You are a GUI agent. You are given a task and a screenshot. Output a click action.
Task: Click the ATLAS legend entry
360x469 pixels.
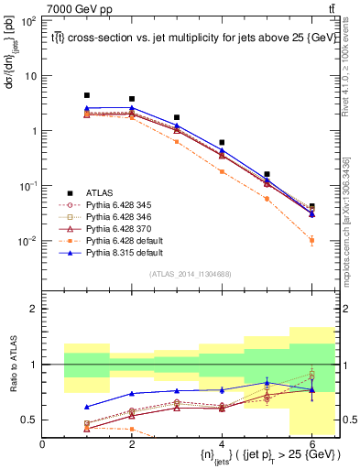98,191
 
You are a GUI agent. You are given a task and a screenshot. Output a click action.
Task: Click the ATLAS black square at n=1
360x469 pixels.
87,95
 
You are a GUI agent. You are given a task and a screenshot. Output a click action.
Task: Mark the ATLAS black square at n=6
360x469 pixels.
311,207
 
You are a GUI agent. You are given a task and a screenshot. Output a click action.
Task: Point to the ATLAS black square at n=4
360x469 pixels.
222,143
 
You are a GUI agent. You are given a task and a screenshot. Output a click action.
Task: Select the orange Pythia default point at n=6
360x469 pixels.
311,241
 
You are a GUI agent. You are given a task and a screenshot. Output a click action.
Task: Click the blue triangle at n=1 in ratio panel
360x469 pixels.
87,407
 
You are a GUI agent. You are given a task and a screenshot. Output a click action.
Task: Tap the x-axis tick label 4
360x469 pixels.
222,444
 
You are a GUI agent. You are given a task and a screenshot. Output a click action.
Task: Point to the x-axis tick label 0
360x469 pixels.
42,444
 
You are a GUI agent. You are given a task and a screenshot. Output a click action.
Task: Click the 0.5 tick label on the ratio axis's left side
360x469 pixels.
31,420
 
